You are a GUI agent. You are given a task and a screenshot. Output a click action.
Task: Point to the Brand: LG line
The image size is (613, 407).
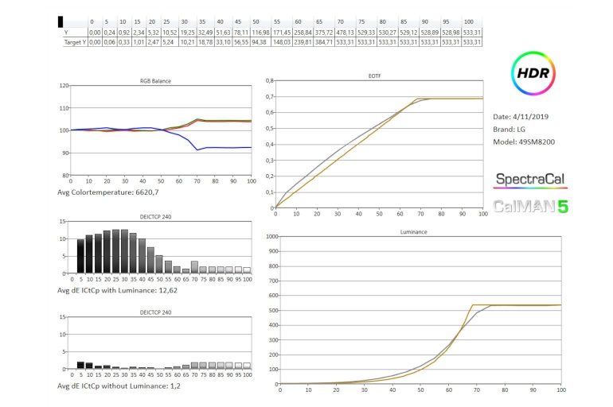coord(515,130)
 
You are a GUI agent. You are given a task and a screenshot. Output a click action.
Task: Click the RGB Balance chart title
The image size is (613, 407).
coord(155,80)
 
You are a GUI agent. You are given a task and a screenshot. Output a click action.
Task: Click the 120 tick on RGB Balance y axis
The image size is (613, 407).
coord(64,85)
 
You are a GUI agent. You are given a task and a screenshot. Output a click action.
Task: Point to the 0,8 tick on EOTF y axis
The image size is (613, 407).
coord(268,80)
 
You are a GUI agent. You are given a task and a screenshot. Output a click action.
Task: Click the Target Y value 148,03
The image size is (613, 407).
coord(280,41)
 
